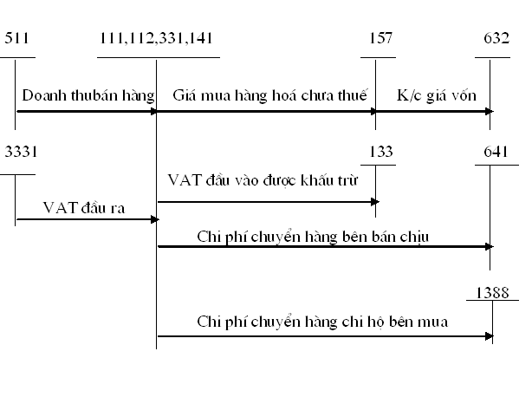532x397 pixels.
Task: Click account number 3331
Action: (x=21, y=153)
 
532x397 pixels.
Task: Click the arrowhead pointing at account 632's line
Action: (x=488, y=111)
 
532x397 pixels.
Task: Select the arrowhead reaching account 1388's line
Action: (x=488, y=335)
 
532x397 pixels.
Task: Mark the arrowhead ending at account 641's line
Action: (x=488, y=247)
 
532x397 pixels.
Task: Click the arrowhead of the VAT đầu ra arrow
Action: (x=152, y=219)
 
